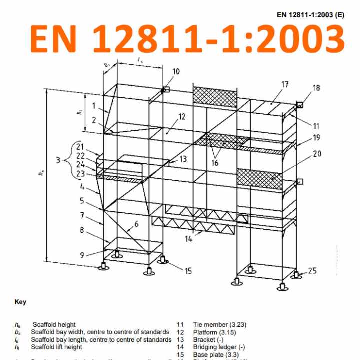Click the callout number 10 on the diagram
pos(176,72)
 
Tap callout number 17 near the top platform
pos(285,85)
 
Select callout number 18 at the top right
pos(316,88)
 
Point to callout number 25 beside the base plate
pos(312,271)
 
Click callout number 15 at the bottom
pos(188,271)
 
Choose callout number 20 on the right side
pos(317,154)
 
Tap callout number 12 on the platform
pos(181,117)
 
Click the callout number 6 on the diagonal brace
pos(135,225)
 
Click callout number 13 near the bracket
pos(183,159)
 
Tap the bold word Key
pos(20,302)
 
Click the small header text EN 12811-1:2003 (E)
pos(310,15)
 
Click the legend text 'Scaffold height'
pos(54,325)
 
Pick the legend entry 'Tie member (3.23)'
pos(219,325)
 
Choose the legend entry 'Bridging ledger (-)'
pos(218,347)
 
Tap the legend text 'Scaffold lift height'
pos(56,347)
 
